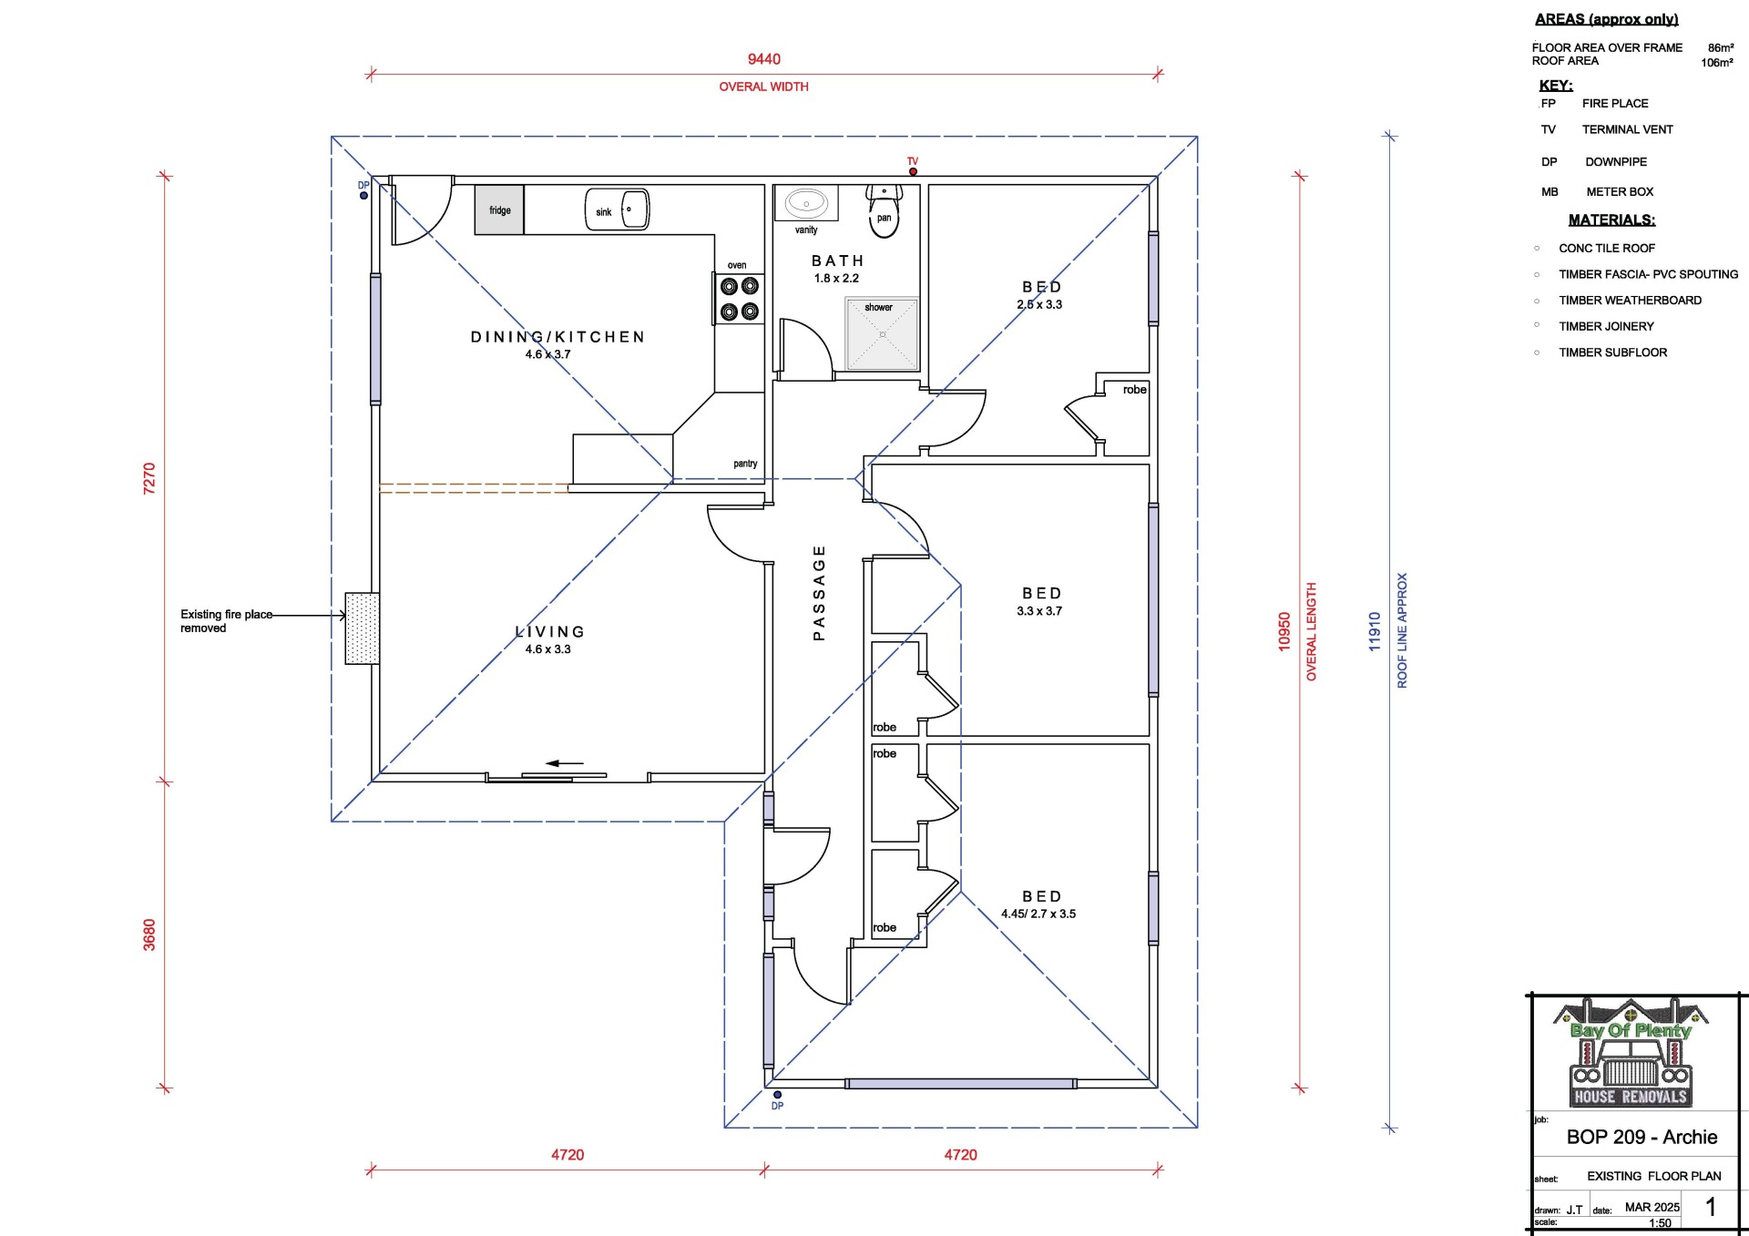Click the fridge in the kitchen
point(499,209)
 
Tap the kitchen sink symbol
point(617,209)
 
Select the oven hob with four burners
point(739,299)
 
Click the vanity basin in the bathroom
point(806,203)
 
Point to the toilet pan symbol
point(884,210)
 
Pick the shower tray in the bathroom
point(882,334)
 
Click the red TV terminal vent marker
point(913,171)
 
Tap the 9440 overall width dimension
point(764,59)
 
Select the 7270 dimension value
point(149,478)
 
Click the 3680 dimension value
point(149,935)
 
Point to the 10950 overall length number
point(1284,631)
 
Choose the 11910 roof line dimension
point(1375,631)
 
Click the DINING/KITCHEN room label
point(557,337)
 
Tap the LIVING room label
point(550,631)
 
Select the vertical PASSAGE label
point(819,593)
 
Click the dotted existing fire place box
point(362,628)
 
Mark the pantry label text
point(745,464)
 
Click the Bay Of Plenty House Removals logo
point(1631,1053)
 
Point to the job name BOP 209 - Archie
point(1642,1137)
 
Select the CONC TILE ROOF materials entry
point(1607,248)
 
